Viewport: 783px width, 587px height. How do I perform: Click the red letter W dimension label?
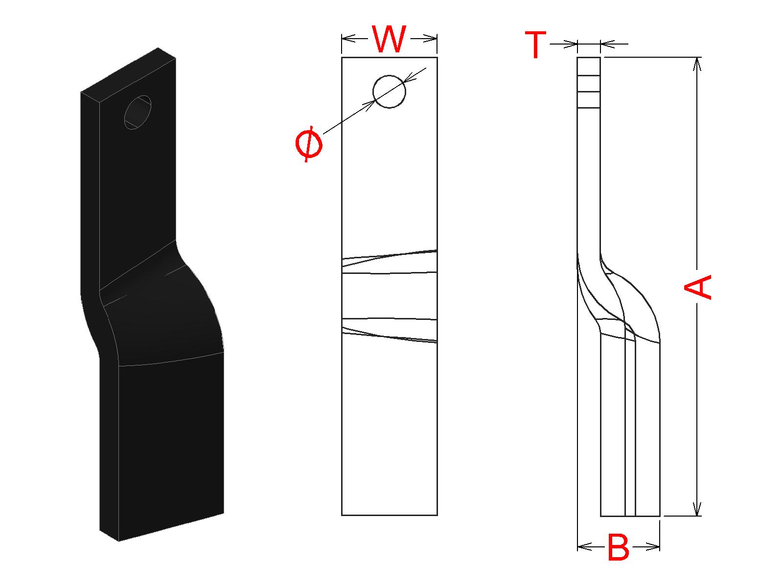390,39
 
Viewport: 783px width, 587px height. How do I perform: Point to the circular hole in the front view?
390,91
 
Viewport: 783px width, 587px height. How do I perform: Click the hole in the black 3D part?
138,112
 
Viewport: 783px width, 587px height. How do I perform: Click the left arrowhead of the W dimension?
348,38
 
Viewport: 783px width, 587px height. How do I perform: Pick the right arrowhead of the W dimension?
430,38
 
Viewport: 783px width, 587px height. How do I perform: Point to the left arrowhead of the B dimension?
585,546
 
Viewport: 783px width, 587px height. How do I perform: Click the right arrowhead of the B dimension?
653,546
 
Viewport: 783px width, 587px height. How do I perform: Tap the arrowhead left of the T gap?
571,45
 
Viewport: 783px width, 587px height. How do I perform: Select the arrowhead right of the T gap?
607,45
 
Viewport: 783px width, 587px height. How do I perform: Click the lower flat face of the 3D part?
171,445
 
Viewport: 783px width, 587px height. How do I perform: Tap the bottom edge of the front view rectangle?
389,515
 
